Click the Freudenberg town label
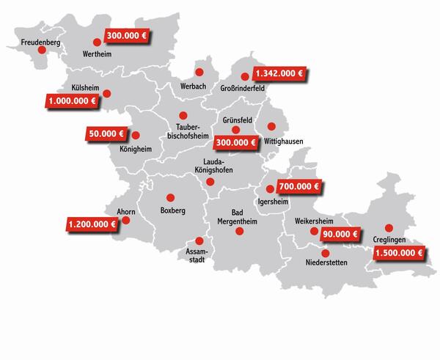pyautogui.click(x=40, y=42)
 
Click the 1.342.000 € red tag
pyautogui.click(x=279, y=75)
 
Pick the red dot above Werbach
pyautogui.click(x=198, y=72)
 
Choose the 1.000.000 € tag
pyautogui.click(x=73, y=100)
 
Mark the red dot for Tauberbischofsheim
pyautogui.click(x=183, y=116)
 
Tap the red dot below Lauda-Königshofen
pyautogui.click(x=210, y=182)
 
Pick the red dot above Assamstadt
pyautogui.click(x=197, y=240)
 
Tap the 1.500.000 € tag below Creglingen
pyautogui.click(x=398, y=254)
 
